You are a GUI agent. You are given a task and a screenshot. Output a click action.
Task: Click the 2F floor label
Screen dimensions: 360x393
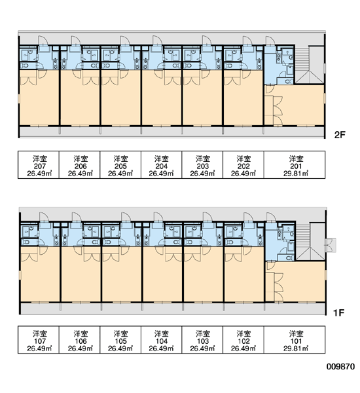[x=340, y=135]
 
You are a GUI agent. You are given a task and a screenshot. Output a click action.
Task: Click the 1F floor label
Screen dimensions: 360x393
[x=338, y=312]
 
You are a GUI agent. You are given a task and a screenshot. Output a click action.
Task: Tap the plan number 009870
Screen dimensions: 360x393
[x=341, y=367]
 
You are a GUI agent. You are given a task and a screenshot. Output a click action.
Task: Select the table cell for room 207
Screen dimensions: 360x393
[x=39, y=164]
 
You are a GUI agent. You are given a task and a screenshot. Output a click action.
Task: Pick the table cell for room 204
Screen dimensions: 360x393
[x=161, y=164]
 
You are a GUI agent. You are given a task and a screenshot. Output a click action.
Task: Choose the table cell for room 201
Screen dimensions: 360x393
[x=295, y=164]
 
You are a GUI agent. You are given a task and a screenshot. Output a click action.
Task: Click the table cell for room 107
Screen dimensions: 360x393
[x=39, y=339]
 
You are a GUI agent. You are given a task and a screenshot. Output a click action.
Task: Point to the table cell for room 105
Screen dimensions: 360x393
[x=120, y=339]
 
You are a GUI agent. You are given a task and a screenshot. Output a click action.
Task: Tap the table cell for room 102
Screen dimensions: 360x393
[x=243, y=339]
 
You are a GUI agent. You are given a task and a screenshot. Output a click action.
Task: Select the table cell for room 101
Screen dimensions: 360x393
[x=295, y=339]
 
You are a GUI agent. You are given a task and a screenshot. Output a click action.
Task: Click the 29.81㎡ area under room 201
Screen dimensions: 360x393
[x=296, y=174]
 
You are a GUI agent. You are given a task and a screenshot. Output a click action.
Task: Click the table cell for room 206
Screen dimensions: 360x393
[x=80, y=164]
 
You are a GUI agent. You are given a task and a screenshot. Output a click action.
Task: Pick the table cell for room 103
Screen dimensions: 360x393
[x=202, y=339]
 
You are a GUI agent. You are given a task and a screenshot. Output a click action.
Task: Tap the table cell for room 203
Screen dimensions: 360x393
[x=202, y=164]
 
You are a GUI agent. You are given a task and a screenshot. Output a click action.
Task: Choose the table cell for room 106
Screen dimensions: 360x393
[x=80, y=339]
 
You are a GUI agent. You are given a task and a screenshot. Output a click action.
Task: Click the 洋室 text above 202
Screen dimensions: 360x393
[x=243, y=159]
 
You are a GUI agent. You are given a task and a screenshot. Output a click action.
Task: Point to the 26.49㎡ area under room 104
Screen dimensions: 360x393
[x=162, y=348]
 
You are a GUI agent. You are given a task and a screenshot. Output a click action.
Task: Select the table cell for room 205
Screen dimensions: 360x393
[x=120, y=164]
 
